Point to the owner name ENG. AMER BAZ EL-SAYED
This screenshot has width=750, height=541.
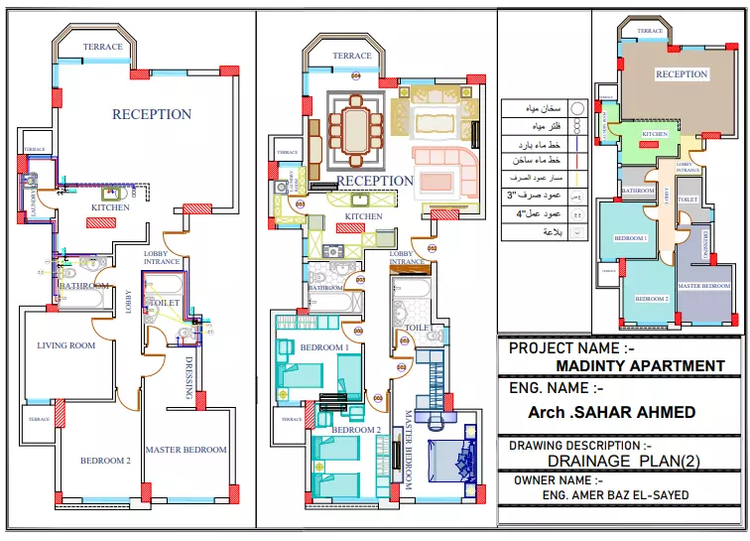coord(615,494)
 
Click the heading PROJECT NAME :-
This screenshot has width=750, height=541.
coord(571,348)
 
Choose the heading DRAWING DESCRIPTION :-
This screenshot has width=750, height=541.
coord(579,446)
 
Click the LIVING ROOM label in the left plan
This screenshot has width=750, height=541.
coord(66,345)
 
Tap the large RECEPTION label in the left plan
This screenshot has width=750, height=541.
coord(152,114)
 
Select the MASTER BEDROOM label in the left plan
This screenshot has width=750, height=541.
coord(186,450)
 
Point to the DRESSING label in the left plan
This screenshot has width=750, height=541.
coord(189,378)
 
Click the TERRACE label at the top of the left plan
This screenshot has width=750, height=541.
coord(102,47)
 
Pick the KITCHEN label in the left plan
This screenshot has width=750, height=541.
coord(110,207)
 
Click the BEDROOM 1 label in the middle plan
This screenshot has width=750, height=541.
coord(324,347)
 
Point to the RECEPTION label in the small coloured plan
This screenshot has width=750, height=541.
coord(682,74)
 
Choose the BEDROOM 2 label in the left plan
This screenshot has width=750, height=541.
coord(106,461)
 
